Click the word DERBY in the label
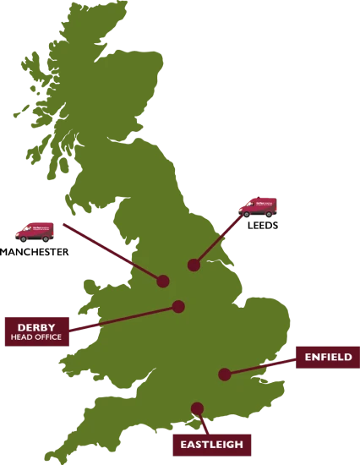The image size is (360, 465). (37, 327)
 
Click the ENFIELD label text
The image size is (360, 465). (329, 358)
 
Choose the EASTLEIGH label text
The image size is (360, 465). (211, 444)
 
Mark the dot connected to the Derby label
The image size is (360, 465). (178, 307)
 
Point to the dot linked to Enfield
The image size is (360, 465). (224, 374)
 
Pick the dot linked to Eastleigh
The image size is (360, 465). (198, 408)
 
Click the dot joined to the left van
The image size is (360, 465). (163, 281)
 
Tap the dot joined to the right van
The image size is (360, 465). (194, 265)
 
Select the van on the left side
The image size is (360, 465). (35, 231)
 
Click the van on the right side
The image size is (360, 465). (257, 206)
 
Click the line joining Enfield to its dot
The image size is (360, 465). (262, 365)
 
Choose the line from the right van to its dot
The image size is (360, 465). (217, 239)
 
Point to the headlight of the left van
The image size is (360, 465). (17, 232)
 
